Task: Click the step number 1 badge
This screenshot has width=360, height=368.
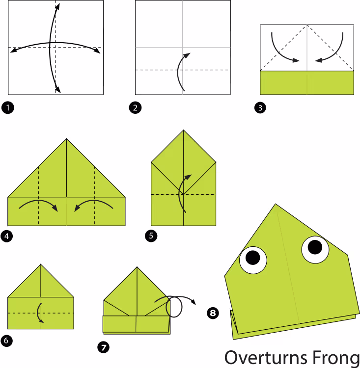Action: click(x=8, y=108)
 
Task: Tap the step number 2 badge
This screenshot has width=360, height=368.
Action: click(x=135, y=108)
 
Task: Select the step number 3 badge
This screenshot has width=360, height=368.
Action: click(x=260, y=108)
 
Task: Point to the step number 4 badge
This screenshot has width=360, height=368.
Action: click(x=6, y=236)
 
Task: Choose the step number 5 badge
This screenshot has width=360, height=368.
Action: click(x=151, y=236)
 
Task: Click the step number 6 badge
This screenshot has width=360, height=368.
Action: click(x=6, y=341)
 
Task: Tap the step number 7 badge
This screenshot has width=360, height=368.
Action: click(x=104, y=347)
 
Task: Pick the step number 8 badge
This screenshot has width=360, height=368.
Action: click(x=213, y=313)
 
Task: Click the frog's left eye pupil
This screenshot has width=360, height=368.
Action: click(x=252, y=258)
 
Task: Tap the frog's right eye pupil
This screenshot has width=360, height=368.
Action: click(x=315, y=247)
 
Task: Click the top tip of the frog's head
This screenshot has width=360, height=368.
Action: click(x=276, y=204)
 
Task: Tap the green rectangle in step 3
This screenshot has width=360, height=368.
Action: click(x=307, y=83)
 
